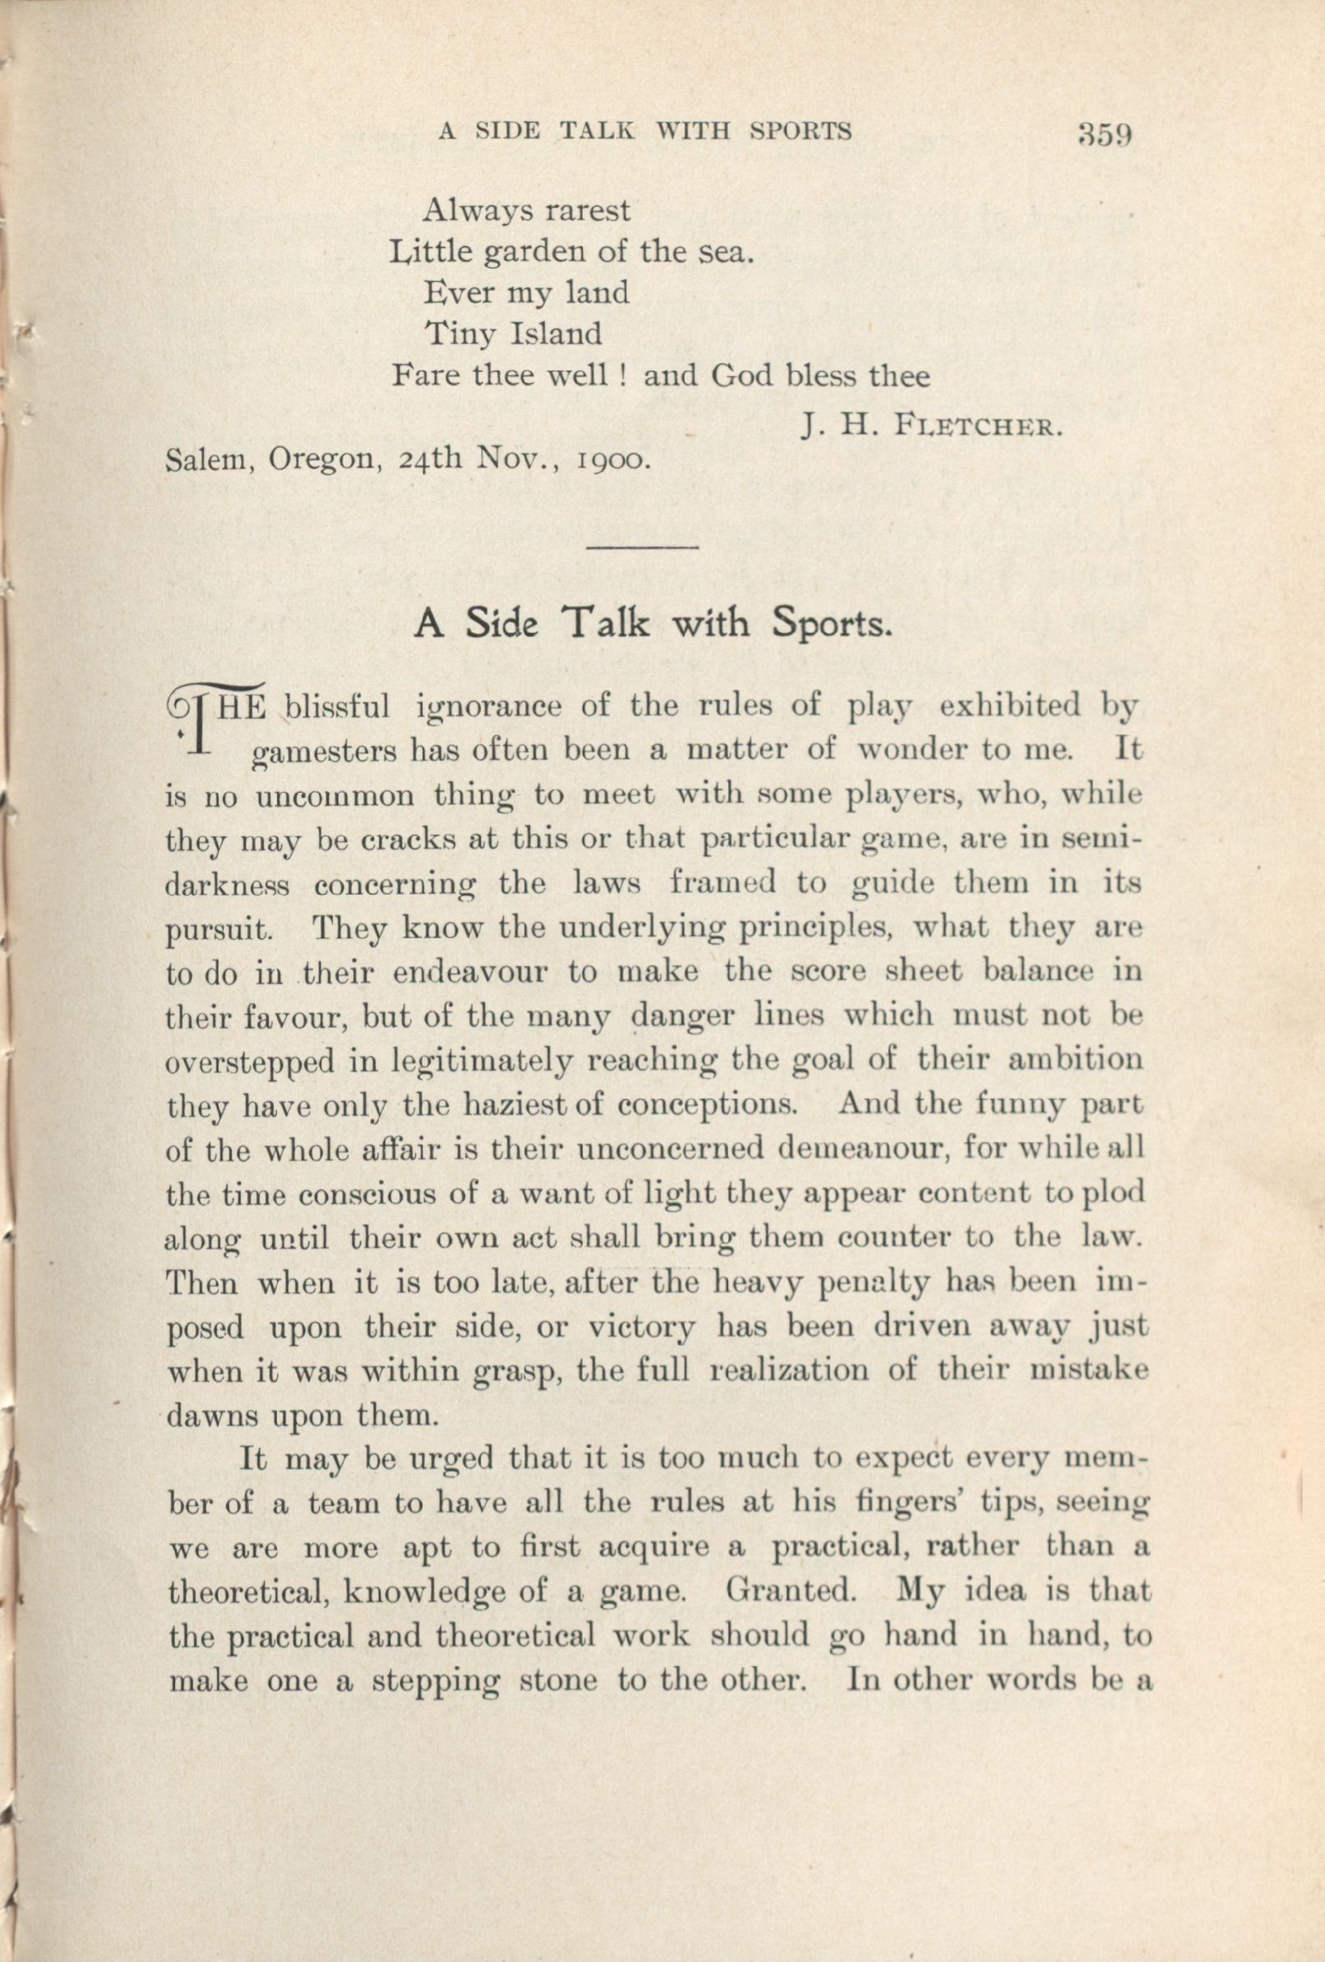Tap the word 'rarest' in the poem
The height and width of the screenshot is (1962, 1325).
click(x=586, y=209)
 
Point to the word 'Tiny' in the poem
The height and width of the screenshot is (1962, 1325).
click(x=456, y=334)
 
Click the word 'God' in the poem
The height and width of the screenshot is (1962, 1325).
click(x=741, y=375)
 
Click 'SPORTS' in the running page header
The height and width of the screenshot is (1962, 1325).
click(x=800, y=130)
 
